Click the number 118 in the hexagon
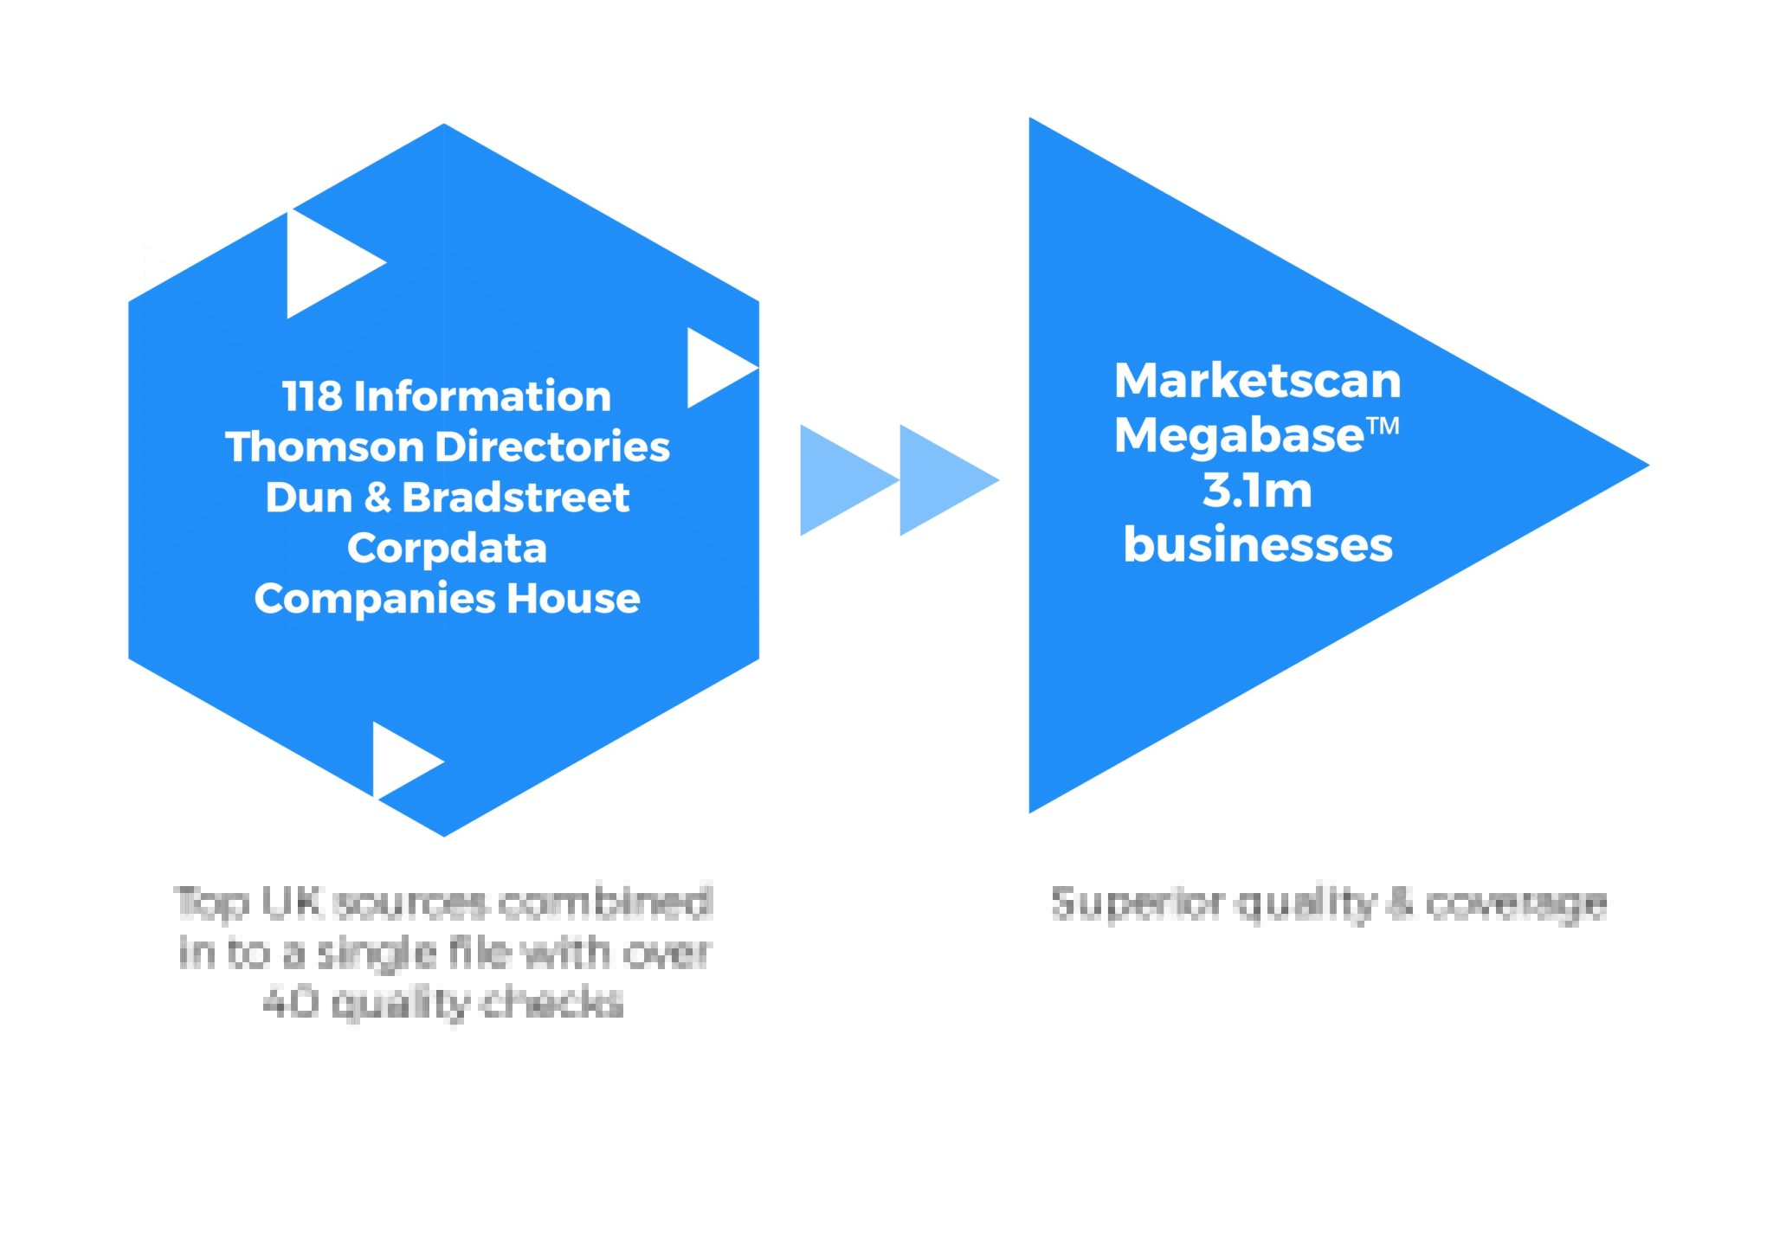(313, 396)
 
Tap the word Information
(482, 396)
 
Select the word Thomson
(324, 447)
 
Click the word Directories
(552, 447)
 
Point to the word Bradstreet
(516, 498)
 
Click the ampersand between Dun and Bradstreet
(377, 498)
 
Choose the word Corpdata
(447, 548)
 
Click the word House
(574, 599)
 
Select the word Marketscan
(1257, 381)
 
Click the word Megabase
(1239, 434)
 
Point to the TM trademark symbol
(1383, 425)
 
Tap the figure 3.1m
(1257, 490)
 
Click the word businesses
(1257, 544)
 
